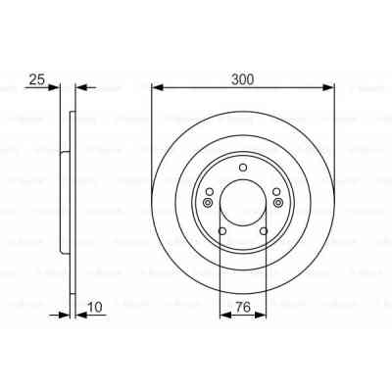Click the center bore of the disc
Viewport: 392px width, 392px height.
click(x=243, y=202)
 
